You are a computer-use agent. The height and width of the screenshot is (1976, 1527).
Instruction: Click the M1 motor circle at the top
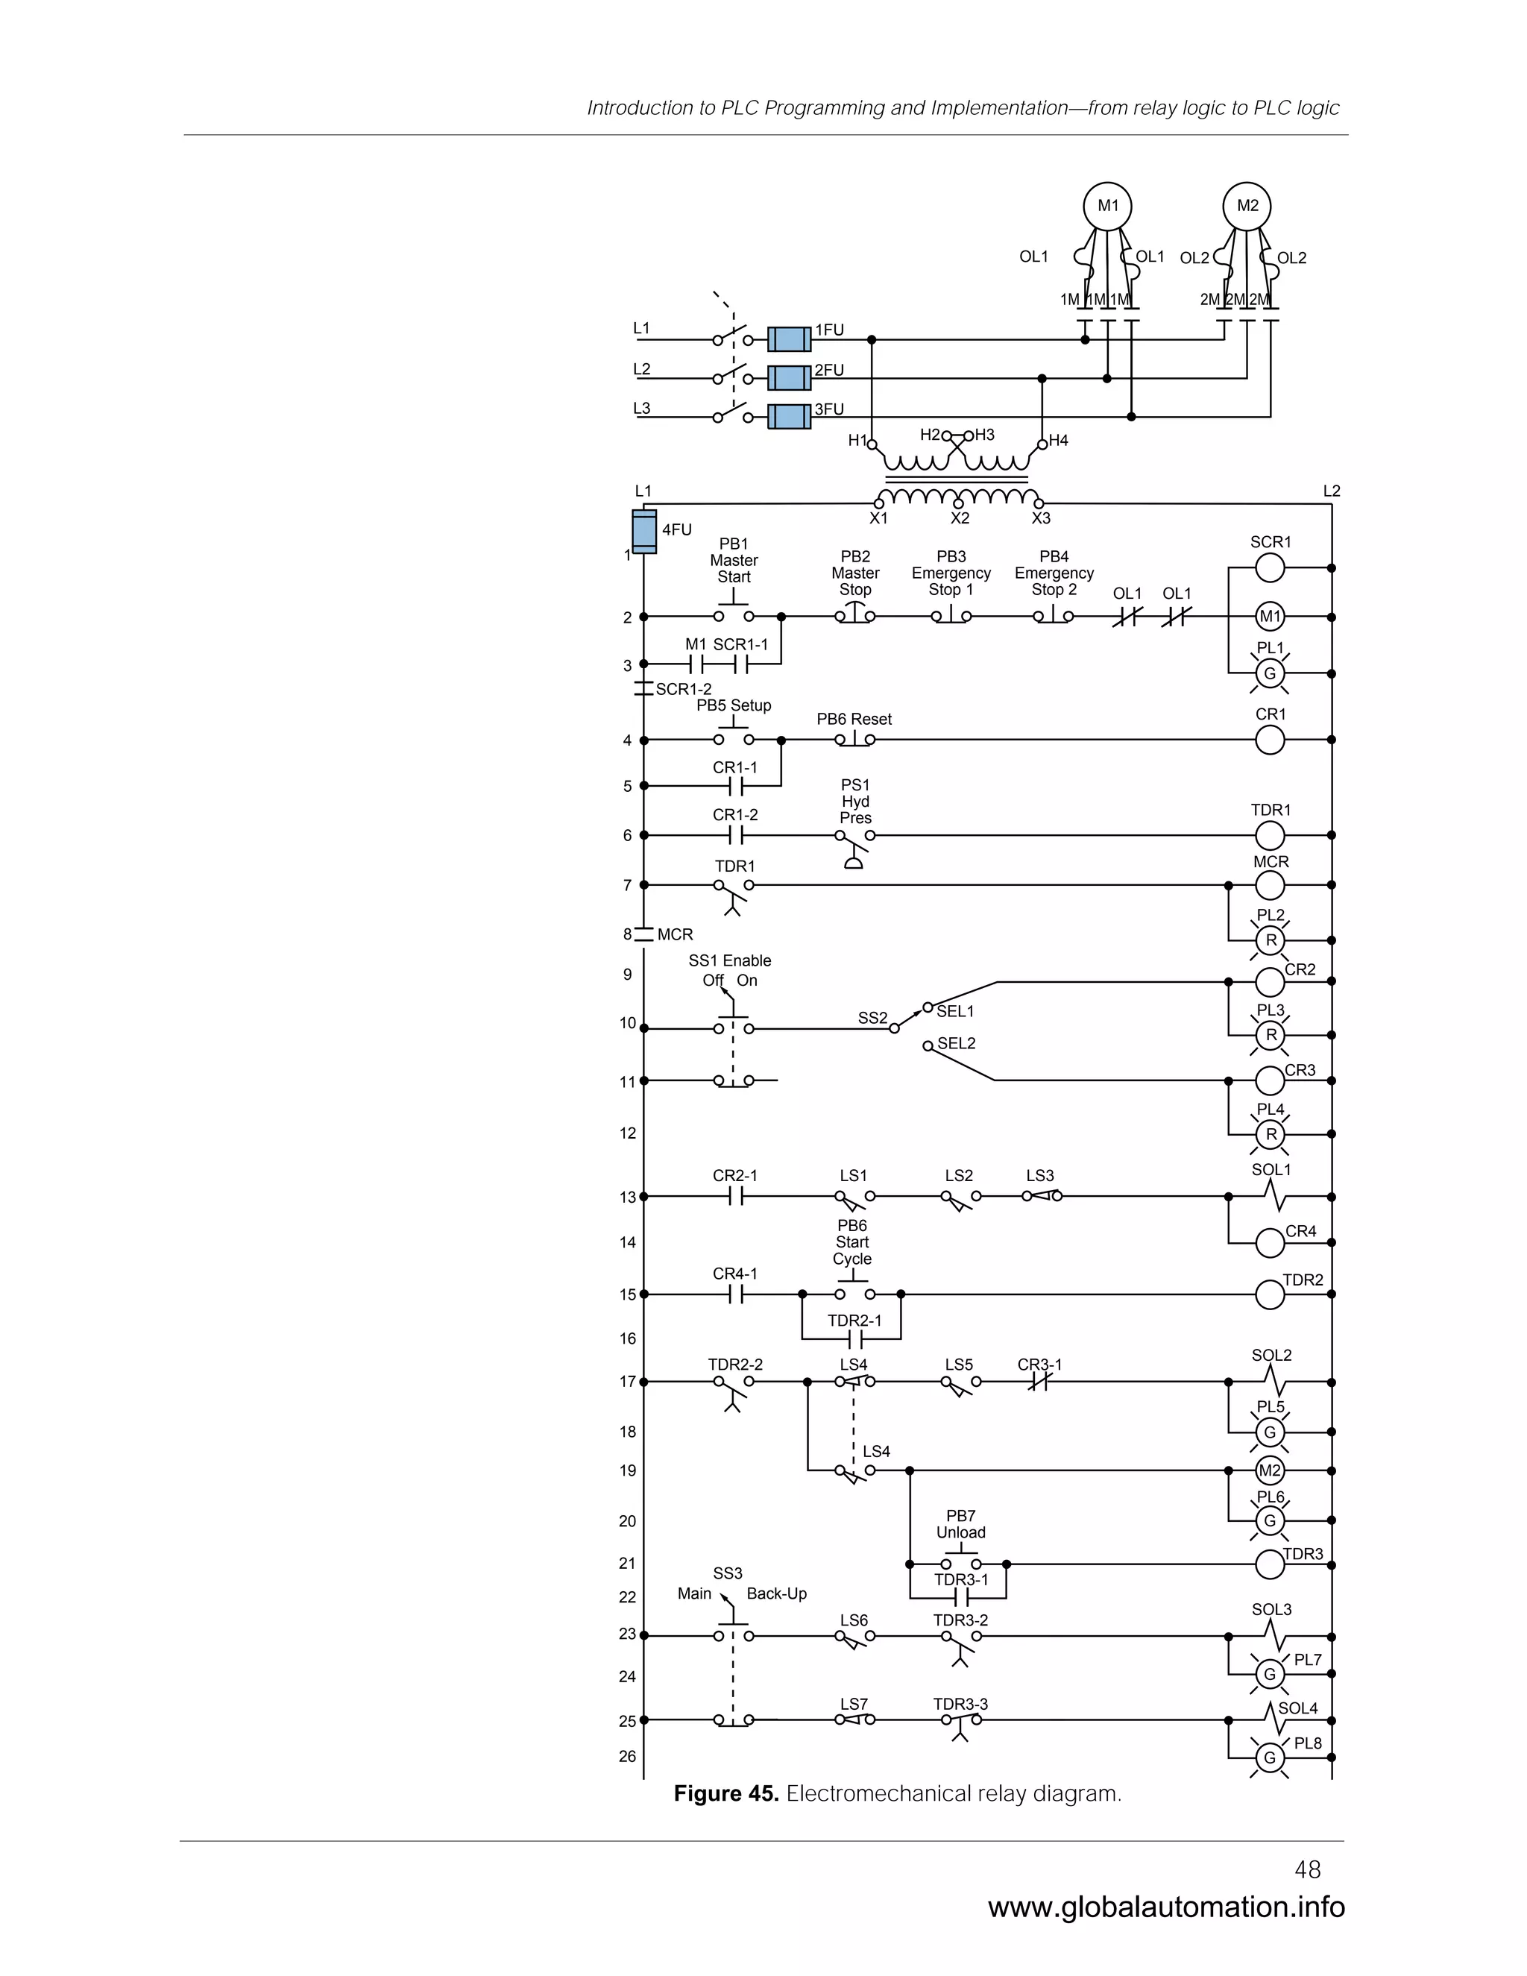[x=1107, y=207]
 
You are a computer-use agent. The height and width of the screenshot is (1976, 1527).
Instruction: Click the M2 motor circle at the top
[x=1247, y=207]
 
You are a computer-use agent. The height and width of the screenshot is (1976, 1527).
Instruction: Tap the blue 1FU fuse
[x=789, y=339]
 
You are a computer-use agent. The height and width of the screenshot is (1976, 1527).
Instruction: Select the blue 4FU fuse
[x=644, y=531]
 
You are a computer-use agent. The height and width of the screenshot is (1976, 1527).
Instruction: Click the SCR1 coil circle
[x=1270, y=568]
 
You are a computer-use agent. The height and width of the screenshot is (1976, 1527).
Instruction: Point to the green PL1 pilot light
[x=1270, y=674]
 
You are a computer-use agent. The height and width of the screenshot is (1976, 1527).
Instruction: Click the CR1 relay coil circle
[x=1270, y=740]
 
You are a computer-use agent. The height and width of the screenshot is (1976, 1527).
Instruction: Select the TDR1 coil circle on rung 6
[x=1270, y=836]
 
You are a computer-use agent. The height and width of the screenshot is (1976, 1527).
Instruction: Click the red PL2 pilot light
[x=1270, y=941]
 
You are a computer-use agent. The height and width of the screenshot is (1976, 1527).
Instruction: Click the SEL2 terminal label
[x=956, y=1043]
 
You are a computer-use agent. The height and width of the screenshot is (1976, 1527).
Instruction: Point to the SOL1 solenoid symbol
[x=1273, y=1197]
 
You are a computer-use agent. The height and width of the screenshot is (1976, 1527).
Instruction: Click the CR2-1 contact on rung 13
[x=735, y=1197]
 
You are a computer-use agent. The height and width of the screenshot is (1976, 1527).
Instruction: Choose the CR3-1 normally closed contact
[x=1039, y=1382]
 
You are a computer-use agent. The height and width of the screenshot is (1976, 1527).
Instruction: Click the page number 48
[x=1307, y=1869]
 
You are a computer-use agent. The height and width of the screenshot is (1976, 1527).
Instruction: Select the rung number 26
[x=627, y=1756]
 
